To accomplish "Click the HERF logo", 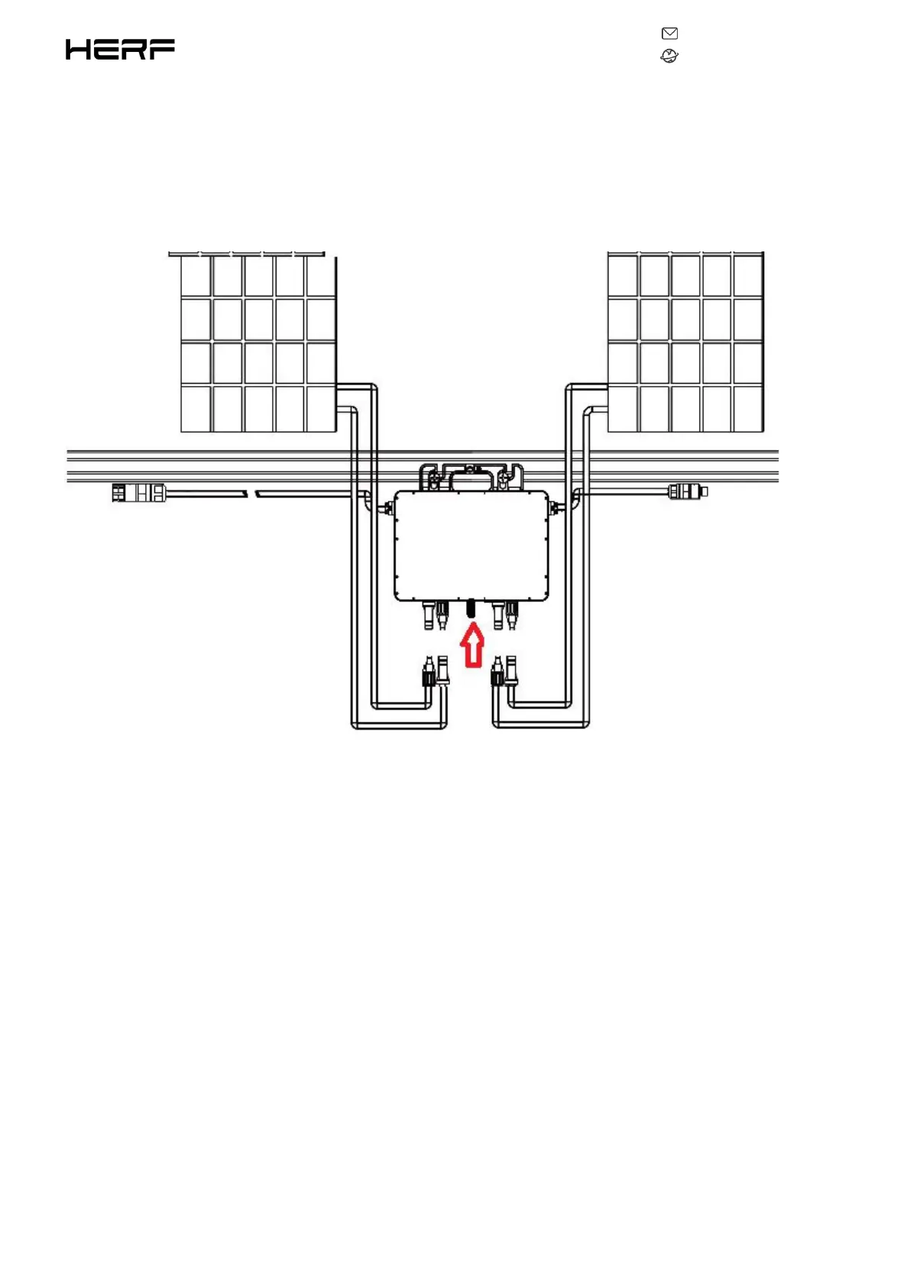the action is click(120, 50).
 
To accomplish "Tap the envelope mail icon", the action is click(669, 34).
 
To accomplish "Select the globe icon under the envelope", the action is click(669, 56).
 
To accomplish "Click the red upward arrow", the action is click(473, 645).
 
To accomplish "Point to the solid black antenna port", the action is click(471, 609).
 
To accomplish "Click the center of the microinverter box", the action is click(471, 546).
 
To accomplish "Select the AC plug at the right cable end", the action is click(687, 491).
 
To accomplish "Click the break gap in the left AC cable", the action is click(251, 494).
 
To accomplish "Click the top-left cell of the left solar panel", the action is click(196, 276).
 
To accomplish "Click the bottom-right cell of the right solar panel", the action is click(747, 409).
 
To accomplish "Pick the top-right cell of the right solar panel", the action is click(747, 275).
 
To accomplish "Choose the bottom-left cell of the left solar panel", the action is click(196, 409).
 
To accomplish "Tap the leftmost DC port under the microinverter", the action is click(429, 615).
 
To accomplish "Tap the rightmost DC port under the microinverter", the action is click(512, 615).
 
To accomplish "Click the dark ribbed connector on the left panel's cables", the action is click(429, 674).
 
